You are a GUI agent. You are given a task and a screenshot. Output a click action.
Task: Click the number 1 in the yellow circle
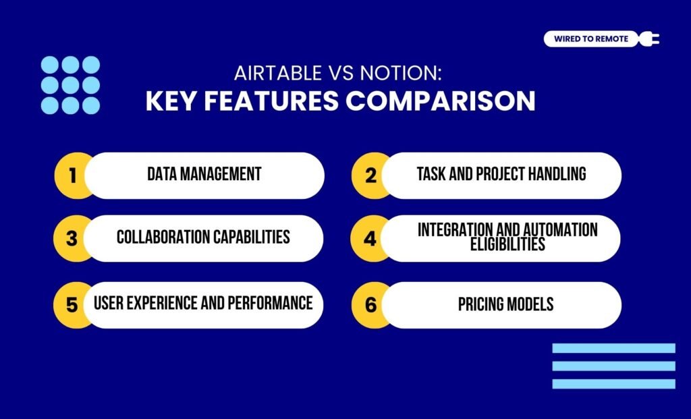pos(72,175)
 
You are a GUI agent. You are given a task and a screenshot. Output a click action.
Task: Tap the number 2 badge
pos(370,175)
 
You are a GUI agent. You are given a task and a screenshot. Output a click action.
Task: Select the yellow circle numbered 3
pos(72,238)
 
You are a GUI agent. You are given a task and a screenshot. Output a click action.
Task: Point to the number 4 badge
pos(370,238)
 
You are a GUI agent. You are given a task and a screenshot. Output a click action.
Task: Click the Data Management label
pos(204,174)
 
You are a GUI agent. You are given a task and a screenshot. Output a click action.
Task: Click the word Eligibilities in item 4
pos(507,245)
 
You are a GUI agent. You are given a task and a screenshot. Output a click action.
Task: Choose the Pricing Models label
pos(505,304)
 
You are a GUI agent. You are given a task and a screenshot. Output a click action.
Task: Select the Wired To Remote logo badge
pos(590,39)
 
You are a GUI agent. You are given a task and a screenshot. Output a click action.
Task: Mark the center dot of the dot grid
pos(71,85)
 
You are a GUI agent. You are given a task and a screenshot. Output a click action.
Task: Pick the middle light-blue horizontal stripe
pos(613,366)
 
